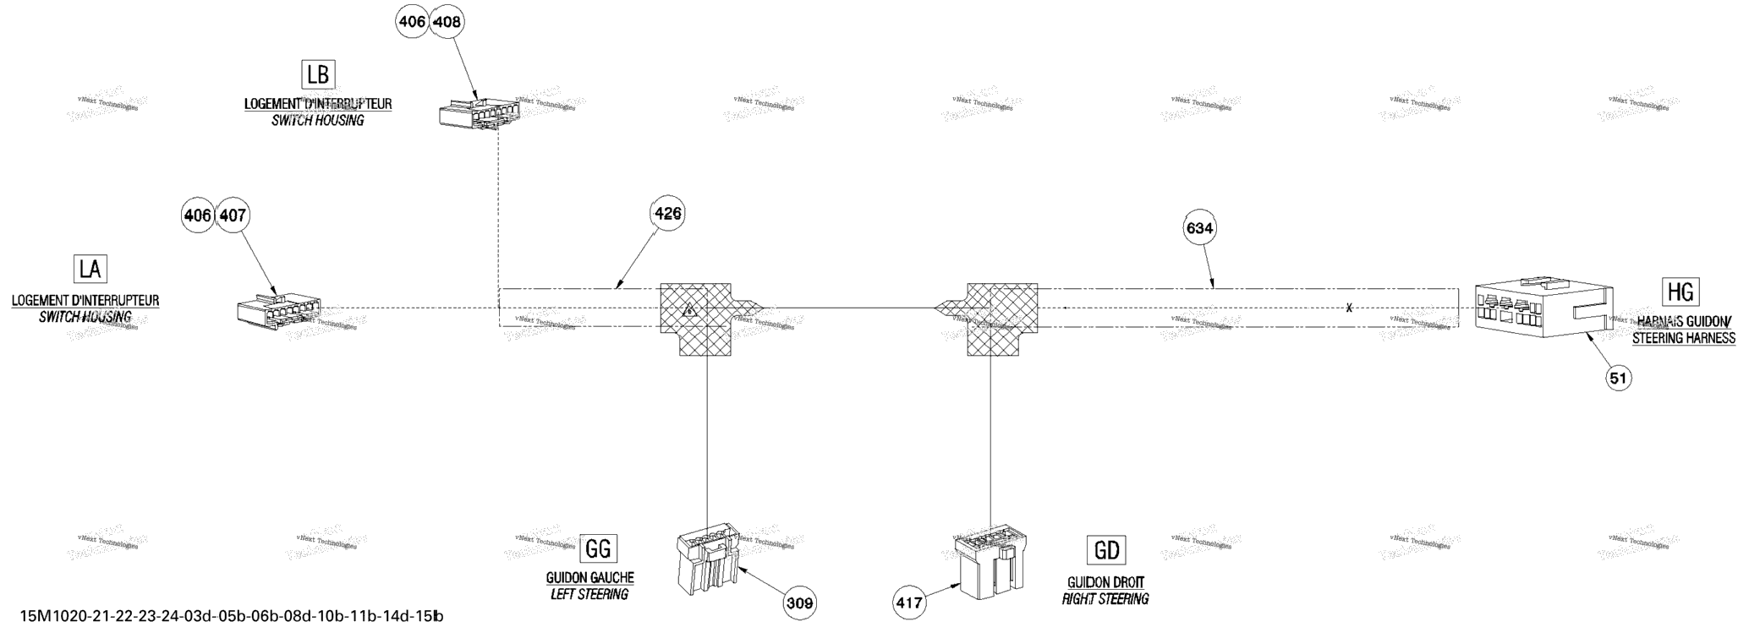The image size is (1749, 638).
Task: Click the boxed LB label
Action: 318,74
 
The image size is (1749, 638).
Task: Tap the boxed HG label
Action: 1680,292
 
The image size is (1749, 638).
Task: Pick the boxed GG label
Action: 598,548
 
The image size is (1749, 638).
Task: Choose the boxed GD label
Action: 1106,551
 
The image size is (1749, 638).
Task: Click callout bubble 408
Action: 447,23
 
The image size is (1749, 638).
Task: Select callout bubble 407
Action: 233,216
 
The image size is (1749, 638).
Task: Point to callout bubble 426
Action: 667,214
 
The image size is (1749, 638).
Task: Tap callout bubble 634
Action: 1199,228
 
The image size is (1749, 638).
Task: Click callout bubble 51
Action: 1618,379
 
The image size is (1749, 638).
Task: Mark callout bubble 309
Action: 799,603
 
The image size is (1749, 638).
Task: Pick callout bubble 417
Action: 909,603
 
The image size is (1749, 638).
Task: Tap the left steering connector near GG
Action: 708,561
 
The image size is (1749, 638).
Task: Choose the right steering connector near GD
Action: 990,560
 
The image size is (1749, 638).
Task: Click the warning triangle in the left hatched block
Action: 690,309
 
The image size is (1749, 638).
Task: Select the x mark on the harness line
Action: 1349,308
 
